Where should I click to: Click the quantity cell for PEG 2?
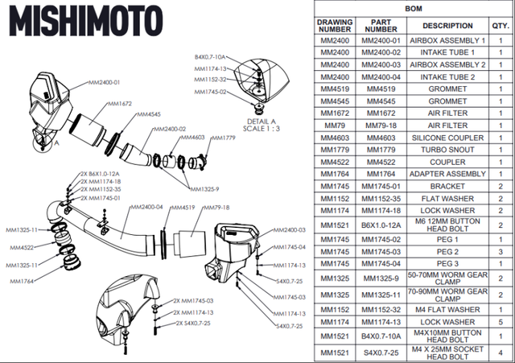[x=499, y=251]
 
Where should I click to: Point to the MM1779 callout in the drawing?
[x=224, y=137]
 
